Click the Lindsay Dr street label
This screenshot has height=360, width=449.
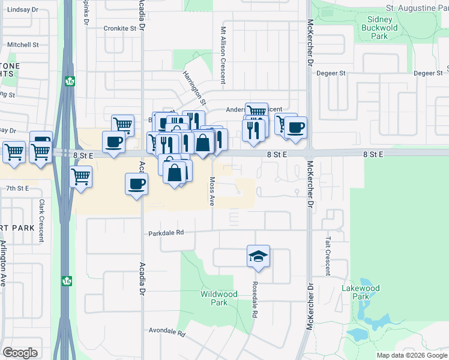coord(23,10)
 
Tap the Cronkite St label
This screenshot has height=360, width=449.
coord(120,28)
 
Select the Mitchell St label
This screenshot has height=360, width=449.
coord(23,45)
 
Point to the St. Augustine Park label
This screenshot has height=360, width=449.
coord(417,8)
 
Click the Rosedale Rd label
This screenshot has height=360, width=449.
coord(255,299)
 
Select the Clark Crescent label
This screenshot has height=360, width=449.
coord(41,220)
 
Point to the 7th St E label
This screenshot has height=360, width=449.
coord(17,188)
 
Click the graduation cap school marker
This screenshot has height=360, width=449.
coord(259,256)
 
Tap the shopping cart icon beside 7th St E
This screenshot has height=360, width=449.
coord(80,177)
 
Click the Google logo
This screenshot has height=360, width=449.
coord(20,353)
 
